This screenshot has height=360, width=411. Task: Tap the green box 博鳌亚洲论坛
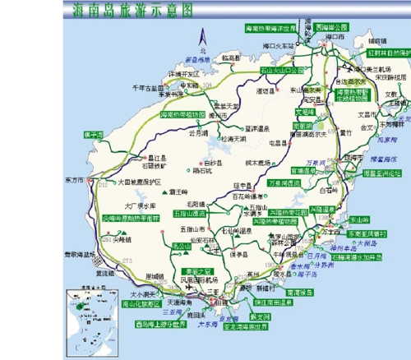381,173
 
